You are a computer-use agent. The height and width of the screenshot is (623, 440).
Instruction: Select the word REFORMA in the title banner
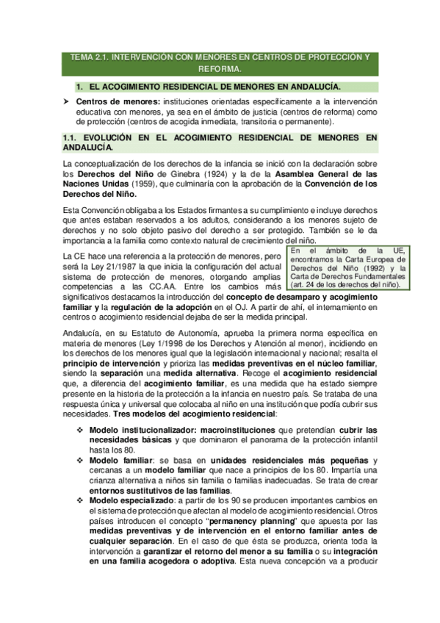point(220,69)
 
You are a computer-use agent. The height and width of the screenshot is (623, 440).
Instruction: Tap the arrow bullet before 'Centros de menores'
point(67,101)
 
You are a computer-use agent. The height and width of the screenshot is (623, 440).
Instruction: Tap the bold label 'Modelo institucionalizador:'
point(140,429)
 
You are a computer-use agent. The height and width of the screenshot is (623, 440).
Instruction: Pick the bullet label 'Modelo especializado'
point(129,500)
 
